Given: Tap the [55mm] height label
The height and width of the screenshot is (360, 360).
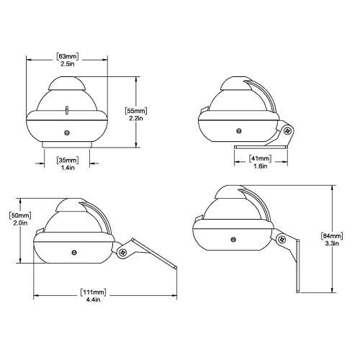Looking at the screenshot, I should (137, 111).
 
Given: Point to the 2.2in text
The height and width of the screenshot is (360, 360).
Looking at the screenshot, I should (137, 120).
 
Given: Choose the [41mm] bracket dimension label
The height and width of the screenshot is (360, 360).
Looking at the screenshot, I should (260, 158).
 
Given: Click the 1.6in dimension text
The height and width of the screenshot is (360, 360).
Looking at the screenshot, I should (260, 166).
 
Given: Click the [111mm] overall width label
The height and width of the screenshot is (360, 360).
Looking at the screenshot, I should (93, 292).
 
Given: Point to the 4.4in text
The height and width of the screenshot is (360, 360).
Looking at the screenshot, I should (93, 301).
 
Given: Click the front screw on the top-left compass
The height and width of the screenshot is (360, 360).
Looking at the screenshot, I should (67, 131).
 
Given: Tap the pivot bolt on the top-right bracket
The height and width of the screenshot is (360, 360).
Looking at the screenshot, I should (287, 131).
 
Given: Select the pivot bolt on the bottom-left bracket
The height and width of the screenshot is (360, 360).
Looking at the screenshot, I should (123, 252).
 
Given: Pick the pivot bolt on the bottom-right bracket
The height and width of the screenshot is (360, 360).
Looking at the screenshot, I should (282, 240).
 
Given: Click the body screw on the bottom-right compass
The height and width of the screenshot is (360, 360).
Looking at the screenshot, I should (232, 238).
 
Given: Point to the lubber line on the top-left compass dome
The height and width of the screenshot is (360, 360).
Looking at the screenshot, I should (67, 109).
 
